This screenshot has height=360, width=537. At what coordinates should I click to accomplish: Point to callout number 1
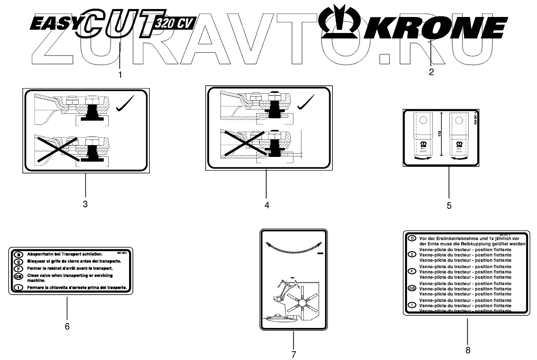pyautogui.click(x=120, y=74)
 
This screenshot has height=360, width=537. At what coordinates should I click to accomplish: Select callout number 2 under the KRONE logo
pyautogui.click(x=431, y=72)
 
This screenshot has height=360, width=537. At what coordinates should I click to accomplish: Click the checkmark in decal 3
pyautogui.click(x=126, y=104)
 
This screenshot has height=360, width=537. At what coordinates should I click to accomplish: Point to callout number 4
pyautogui.click(x=267, y=205)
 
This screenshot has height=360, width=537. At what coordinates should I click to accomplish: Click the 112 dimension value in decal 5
pyautogui.click(x=439, y=134)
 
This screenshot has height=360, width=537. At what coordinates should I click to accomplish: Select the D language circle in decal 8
pyautogui.click(x=412, y=239)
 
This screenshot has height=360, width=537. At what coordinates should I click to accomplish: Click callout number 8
pyautogui.click(x=468, y=350)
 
